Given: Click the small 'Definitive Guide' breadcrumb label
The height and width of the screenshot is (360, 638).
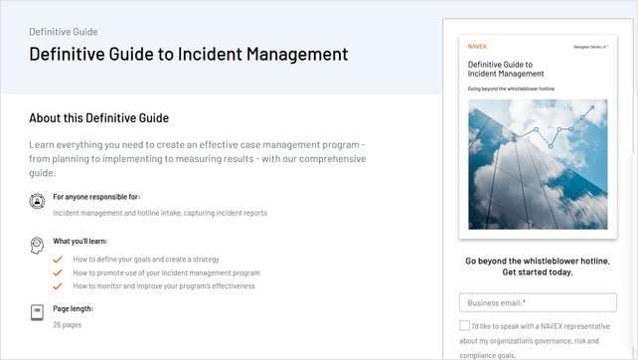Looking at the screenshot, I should [64, 32].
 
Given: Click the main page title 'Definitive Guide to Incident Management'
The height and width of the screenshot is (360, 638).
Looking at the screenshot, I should [189, 55].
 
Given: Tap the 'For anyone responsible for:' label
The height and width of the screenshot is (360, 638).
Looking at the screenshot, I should [96, 197].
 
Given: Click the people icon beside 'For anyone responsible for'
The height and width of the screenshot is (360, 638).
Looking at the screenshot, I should [37, 201].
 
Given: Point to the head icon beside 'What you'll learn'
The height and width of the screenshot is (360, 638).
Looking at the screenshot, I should [37, 244].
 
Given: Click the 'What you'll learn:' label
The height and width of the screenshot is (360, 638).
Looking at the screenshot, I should [80, 241].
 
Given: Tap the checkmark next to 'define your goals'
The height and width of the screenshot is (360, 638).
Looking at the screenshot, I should [59, 260].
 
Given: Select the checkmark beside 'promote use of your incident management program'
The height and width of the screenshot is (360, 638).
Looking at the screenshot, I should [59, 272].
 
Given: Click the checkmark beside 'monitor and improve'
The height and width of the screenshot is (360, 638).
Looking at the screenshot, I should [59, 285].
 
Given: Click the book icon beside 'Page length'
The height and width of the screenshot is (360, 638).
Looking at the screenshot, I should [37, 312].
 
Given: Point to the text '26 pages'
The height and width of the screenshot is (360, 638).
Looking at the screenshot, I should [68, 324].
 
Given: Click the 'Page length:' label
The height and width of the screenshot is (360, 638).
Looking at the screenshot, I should [73, 308].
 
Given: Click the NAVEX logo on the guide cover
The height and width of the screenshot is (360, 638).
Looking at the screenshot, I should [477, 46].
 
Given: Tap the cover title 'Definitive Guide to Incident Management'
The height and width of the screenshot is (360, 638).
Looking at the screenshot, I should [506, 69].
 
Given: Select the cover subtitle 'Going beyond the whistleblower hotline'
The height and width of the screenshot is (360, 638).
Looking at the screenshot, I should [513, 89].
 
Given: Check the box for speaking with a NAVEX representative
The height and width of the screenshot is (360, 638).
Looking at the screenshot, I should [465, 325].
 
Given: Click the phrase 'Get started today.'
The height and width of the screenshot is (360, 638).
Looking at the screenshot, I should [538, 272].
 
